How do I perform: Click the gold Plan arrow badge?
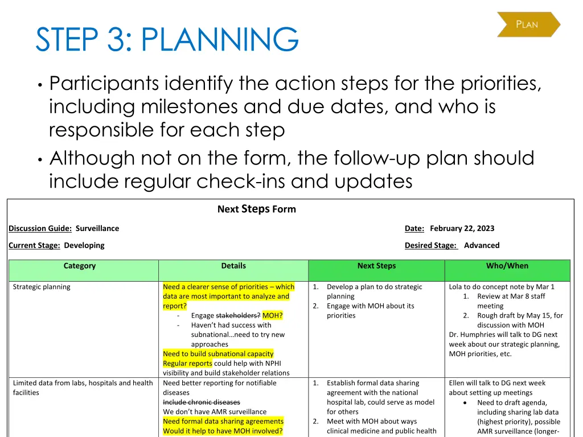click(x=528, y=24)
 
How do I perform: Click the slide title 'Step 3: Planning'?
click(x=167, y=40)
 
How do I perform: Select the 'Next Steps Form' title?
click(x=256, y=209)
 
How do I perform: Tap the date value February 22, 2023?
click(x=462, y=228)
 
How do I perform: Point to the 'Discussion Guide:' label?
click(x=40, y=228)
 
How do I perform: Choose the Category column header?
click(x=80, y=266)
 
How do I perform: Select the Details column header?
click(x=233, y=266)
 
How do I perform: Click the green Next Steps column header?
click(x=376, y=266)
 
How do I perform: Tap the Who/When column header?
click(x=507, y=266)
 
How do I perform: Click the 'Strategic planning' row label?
click(x=42, y=287)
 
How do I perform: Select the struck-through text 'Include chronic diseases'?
click(x=202, y=402)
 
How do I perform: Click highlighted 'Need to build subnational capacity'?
click(x=218, y=354)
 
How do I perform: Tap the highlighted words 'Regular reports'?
click(x=187, y=364)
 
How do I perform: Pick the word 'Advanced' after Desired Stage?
click(x=482, y=245)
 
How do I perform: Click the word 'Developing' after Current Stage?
click(x=84, y=245)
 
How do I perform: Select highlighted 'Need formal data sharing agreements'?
click(x=223, y=422)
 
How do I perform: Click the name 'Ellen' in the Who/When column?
click(x=458, y=383)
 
